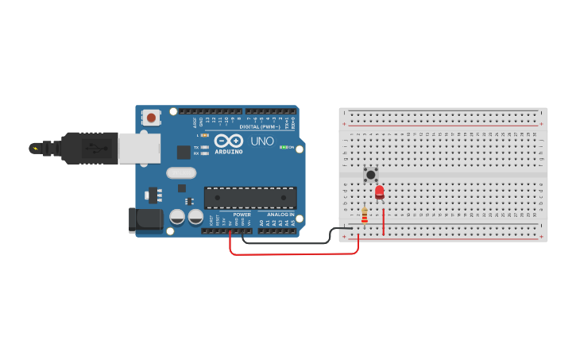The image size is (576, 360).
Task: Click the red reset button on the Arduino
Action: pos(151,118)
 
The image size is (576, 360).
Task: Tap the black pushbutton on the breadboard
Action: pos(370,173)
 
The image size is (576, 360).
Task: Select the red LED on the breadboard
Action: pos(379,192)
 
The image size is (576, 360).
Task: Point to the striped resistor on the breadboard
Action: pos(365,215)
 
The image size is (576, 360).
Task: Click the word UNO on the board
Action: pos(262,141)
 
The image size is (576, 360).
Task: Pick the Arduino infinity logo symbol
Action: pos(228,140)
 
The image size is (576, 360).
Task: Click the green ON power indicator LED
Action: pos(283,148)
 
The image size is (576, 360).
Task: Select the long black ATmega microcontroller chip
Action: pos(250,198)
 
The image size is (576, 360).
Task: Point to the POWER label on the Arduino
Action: pos(242,215)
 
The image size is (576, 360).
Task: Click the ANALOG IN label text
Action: pos(280,215)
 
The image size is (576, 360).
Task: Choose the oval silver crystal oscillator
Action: pos(181,172)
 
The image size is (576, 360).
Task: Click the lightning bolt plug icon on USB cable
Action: pos(35,148)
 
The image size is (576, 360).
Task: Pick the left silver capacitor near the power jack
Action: pos(177,216)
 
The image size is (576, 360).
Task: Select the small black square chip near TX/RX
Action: pos(184,152)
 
